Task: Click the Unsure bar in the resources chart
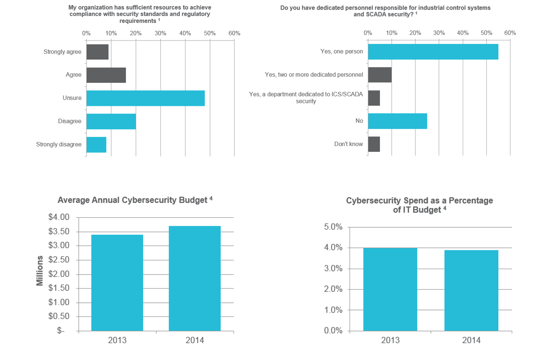[x=145, y=98]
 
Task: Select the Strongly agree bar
[x=97, y=52]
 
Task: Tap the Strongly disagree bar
[x=96, y=145]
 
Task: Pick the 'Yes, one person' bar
[x=433, y=52]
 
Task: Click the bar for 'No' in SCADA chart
[x=397, y=121]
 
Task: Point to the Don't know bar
[x=374, y=144]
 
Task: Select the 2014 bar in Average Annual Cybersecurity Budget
[x=195, y=278]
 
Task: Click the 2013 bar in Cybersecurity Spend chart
[x=390, y=289]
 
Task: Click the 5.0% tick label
[x=333, y=227]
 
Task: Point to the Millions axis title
[x=40, y=270]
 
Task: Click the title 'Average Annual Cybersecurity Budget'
[x=132, y=200]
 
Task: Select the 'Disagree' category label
[x=70, y=121]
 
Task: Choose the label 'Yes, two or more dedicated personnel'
[x=314, y=75]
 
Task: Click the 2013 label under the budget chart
[x=117, y=340]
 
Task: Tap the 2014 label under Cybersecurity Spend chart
[x=471, y=340]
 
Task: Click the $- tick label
[x=61, y=331]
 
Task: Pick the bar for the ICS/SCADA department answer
[x=374, y=98]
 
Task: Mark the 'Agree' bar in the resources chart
[x=106, y=75]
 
